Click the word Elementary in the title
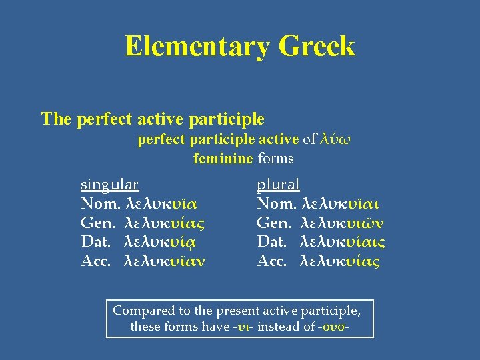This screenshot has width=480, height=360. point(197,47)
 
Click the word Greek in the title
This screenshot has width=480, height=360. point(317,47)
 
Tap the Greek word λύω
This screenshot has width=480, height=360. point(335,139)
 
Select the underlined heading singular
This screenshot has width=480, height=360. point(109,184)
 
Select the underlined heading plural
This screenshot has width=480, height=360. point(278,184)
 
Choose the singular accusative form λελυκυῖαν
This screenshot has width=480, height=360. point(165,261)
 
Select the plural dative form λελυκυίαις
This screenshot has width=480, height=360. point(343,242)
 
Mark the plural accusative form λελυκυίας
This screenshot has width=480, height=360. point(341,261)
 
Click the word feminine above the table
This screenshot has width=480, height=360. point(223,159)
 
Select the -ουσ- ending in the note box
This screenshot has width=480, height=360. point(335,327)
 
